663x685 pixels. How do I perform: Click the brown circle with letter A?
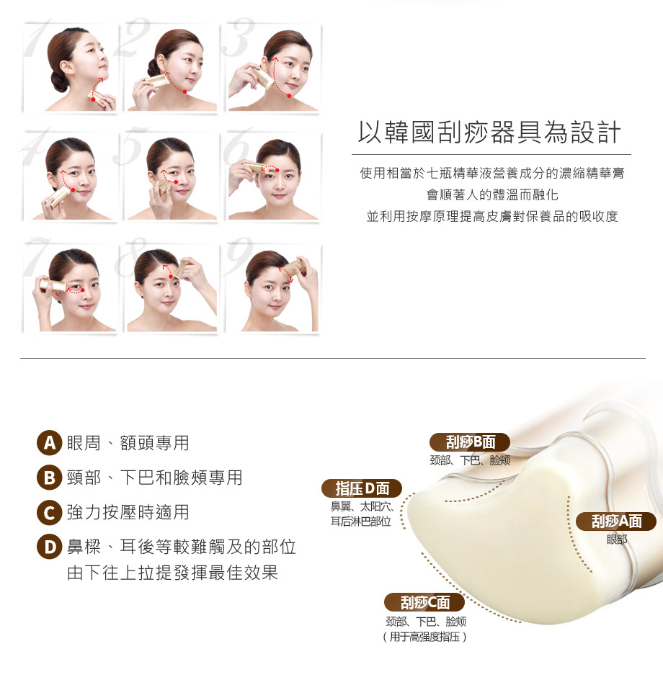pos(50,443)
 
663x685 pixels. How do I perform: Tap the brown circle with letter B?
pos(50,478)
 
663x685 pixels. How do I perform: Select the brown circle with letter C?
pos(50,512)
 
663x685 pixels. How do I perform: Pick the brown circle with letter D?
pos(50,547)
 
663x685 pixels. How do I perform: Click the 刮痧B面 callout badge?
pos(470,442)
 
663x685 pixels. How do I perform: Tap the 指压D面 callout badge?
pos(362,488)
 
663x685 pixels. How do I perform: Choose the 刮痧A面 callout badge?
pos(616,521)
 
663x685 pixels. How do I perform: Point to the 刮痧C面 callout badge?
pos(424,602)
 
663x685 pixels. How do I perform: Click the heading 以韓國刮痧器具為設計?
pos(489,132)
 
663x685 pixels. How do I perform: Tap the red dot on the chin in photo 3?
pos(289,96)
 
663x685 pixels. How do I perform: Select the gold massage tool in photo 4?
pos(59,197)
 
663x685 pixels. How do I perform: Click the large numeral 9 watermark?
pos(239,257)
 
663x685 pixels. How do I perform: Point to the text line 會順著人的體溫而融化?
pos(492,195)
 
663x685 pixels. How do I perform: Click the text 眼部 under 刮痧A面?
pos(617,540)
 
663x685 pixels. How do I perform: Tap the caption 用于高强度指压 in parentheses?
pos(424,637)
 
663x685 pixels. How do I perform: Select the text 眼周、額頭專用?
pos(128,443)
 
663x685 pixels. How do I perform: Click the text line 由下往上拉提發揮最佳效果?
pos(173,573)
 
